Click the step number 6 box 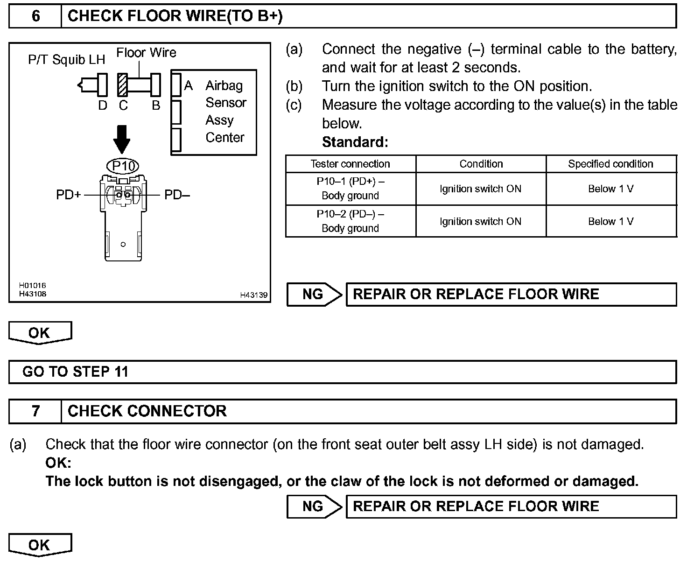35,16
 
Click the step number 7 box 35,411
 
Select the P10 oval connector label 123,166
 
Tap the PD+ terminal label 69,195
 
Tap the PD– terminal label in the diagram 177,195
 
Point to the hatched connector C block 123,84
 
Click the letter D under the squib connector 103,106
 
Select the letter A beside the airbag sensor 189,85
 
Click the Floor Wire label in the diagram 146,52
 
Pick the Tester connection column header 350,164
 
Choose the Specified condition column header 610,164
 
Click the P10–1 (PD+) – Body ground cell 350,189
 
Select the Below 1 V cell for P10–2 610,221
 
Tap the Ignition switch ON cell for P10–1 480,189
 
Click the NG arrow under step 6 314,295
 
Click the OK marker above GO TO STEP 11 40,333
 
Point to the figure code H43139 254,295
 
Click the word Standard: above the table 355,142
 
